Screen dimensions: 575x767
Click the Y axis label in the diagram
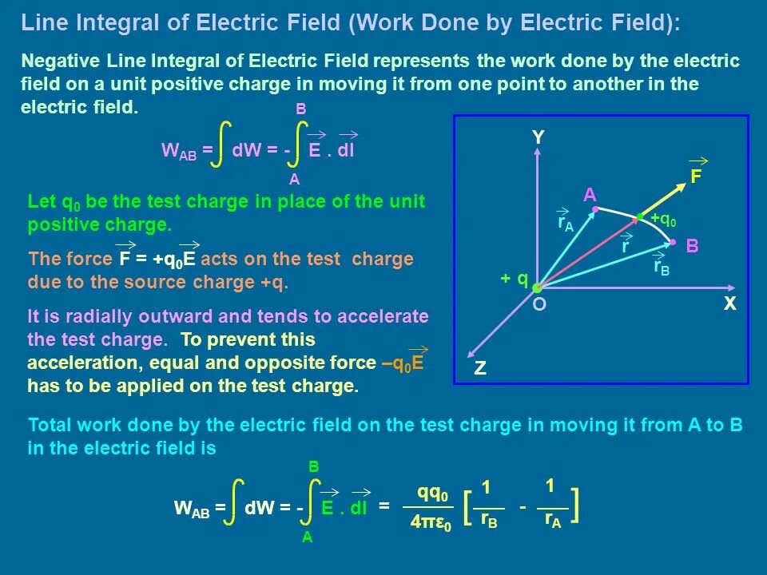[538, 138]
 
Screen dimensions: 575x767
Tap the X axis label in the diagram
[729, 304]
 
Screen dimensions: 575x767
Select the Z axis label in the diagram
[480, 369]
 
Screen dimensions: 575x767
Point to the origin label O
[539, 305]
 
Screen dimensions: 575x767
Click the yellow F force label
[696, 177]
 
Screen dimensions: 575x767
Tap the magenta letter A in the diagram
[590, 196]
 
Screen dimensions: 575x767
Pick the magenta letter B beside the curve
[692, 247]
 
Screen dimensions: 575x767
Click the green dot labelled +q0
[639, 216]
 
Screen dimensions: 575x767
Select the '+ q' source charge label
[514, 278]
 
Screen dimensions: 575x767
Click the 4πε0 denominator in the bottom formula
[431, 524]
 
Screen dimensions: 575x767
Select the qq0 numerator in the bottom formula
[432, 493]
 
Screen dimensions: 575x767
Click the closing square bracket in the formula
[574, 506]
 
